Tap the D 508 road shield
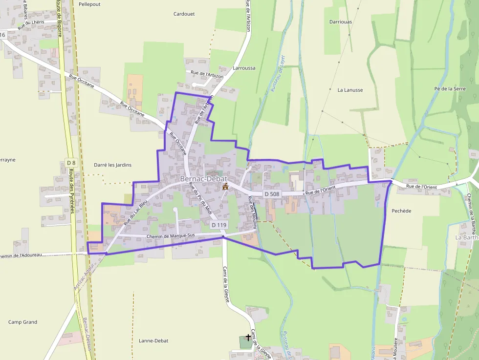[x=272, y=194]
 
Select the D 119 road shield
[x=219, y=225]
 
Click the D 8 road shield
[x=71, y=163]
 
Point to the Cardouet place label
[x=184, y=14]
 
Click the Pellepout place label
[x=89, y=4]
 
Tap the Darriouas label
[x=341, y=22]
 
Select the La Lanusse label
[x=350, y=90]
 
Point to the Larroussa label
[x=244, y=68]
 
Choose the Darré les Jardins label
[x=112, y=165]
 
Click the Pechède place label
[x=401, y=211]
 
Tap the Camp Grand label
[x=23, y=322]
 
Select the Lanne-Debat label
[x=153, y=340]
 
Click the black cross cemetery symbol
[x=248, y=337]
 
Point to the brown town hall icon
[x=225, y=187]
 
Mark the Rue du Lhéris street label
[x=31, y=25]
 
